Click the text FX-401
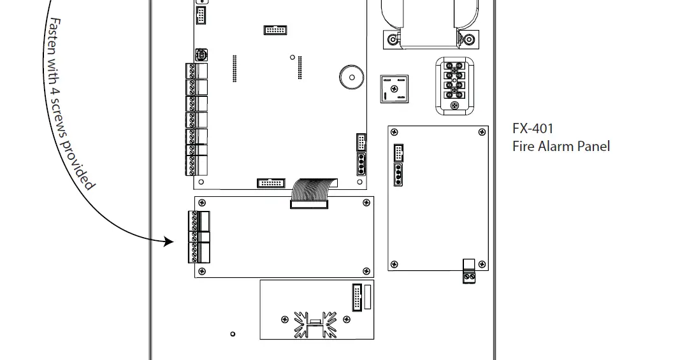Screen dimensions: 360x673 [533, 128]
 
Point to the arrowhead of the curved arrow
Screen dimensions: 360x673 [169, 241]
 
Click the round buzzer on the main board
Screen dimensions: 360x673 [350, 77]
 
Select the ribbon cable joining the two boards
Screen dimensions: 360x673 [310, 192]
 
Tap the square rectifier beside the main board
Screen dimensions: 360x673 [393, 89]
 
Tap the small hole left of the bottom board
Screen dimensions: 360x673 [233, 334]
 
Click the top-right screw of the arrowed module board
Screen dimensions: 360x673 [366, 203]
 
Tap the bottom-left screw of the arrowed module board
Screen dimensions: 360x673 [203, 271]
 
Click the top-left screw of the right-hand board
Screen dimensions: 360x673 [394, 133]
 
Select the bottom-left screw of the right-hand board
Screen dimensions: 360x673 [394, 264]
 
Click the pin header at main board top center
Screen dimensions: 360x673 [275, 30]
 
